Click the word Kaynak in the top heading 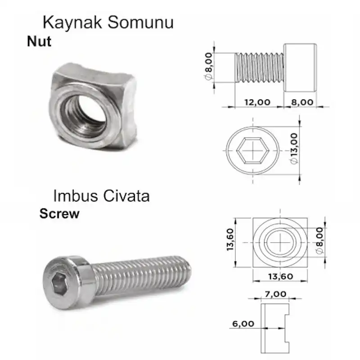[72, 23]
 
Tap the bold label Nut [39, 41]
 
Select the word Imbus [75, 196]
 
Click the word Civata [126, 196]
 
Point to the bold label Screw [59, 213]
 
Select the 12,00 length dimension [257, 102]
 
